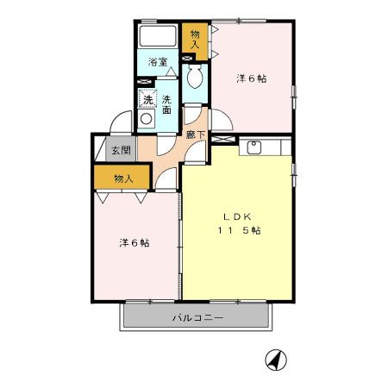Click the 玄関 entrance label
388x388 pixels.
(x=120, y=150)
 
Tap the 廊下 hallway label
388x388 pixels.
(x=195, y=134)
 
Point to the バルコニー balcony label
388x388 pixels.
(x=197, y=317)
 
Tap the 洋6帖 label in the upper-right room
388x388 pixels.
(x=252, y=78)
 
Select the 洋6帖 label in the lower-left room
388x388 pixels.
(x=134, y=243)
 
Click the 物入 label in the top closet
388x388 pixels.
(x=195, y=38)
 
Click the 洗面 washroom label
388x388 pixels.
(x=166, y=106)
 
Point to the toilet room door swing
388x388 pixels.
(x=194, y=111)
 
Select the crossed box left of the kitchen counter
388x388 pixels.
(x=223, y=139)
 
